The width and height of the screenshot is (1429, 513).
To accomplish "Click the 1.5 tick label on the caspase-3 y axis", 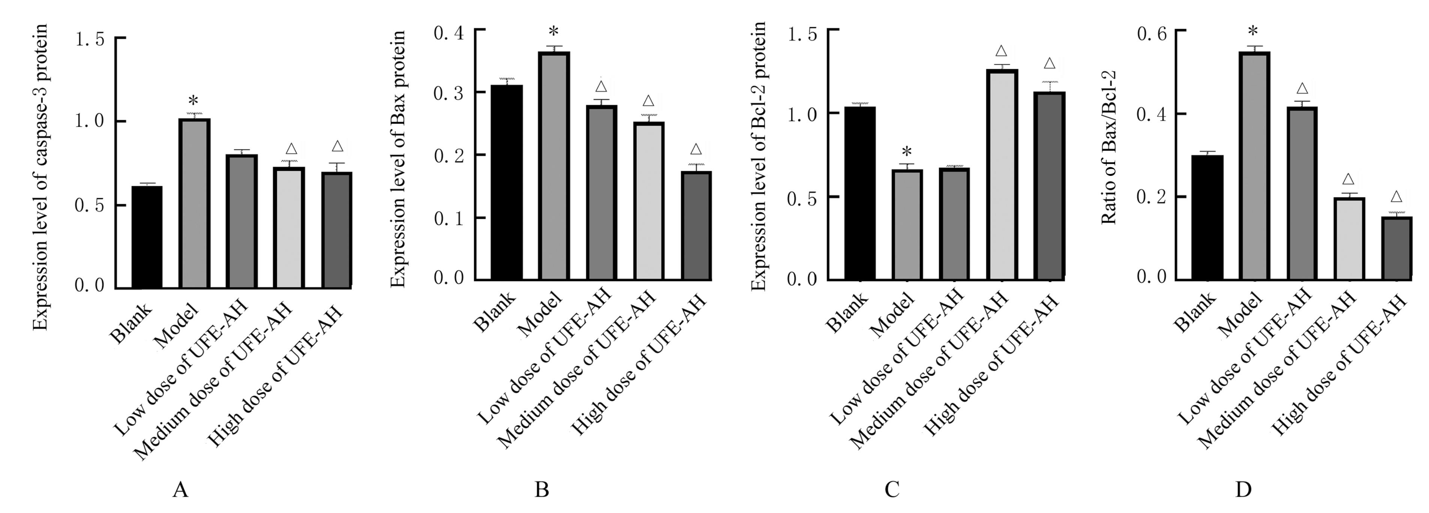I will coord(90,40).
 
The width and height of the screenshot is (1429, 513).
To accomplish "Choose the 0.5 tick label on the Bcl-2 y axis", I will coord(802,198).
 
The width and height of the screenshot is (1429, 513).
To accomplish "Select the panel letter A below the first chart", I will coord(180,490).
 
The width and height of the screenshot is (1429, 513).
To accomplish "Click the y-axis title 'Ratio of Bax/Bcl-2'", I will coord(1108,147).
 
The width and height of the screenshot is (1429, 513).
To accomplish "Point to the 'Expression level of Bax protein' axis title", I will coord(398,158).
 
